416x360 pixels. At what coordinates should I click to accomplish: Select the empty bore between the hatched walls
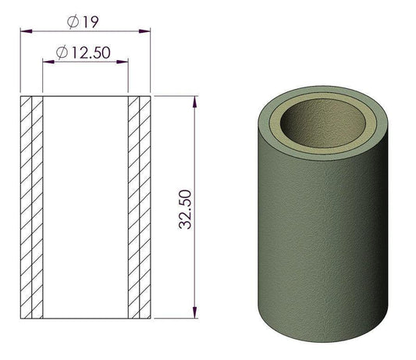click(x=84, y=207)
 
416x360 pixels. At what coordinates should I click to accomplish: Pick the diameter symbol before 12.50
click(x=62, y=52)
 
